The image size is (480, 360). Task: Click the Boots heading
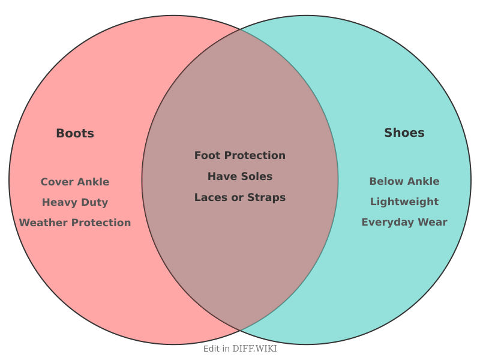[x=75, y=133]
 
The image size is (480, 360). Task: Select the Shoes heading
[x=404, y=133]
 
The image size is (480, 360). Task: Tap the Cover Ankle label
[x=75, y=182]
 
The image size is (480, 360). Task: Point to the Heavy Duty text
[x=75, y=202]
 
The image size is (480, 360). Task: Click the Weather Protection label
[x=75, y=223]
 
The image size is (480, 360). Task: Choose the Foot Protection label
[x=240, y=155]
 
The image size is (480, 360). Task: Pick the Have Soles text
[x=240, y=176]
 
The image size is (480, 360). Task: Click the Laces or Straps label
[x=240, y=197]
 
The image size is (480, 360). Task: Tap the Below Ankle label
[x=404, y=181]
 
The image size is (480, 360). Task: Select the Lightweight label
[x=404, y=202]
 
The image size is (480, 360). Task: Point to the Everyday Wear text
[x=404, y=222]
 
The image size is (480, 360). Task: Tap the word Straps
[x=266, y=198]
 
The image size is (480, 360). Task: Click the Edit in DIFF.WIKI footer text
[x=240, y=349]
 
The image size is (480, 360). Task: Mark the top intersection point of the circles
[x=240, y=29]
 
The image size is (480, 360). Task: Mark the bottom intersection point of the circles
[x=240, y=330]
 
